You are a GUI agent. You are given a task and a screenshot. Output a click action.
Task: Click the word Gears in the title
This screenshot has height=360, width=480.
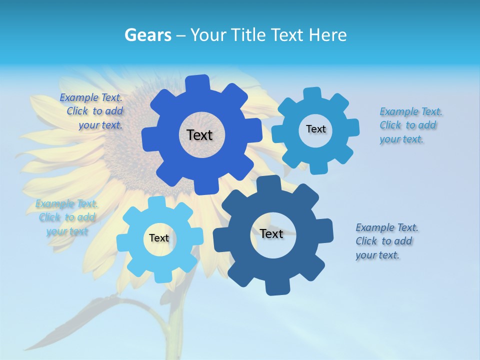point(147,35)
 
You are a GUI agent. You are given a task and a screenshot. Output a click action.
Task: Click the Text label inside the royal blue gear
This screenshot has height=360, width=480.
point(199,135)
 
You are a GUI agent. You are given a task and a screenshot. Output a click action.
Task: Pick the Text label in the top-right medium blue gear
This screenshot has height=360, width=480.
point(315,129)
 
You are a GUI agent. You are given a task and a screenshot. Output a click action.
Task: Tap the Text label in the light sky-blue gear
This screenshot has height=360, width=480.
point(159,238)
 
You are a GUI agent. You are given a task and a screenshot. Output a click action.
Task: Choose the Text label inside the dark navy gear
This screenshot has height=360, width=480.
point(271,233)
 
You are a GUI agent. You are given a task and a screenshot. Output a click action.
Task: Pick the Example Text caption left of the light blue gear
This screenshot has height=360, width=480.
point(66,217)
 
